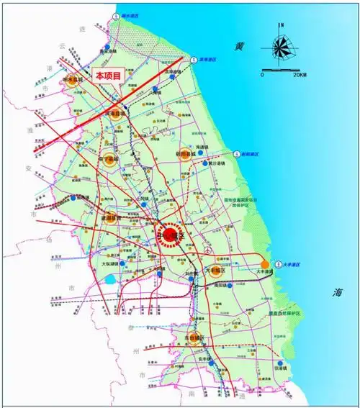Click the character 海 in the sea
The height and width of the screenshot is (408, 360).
tap(336, 293)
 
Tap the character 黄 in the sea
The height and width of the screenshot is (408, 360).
tap(239, 46)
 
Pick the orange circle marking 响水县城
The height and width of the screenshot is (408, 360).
tap(71, 81)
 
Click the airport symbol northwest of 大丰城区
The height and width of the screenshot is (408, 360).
tap(207, 251)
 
